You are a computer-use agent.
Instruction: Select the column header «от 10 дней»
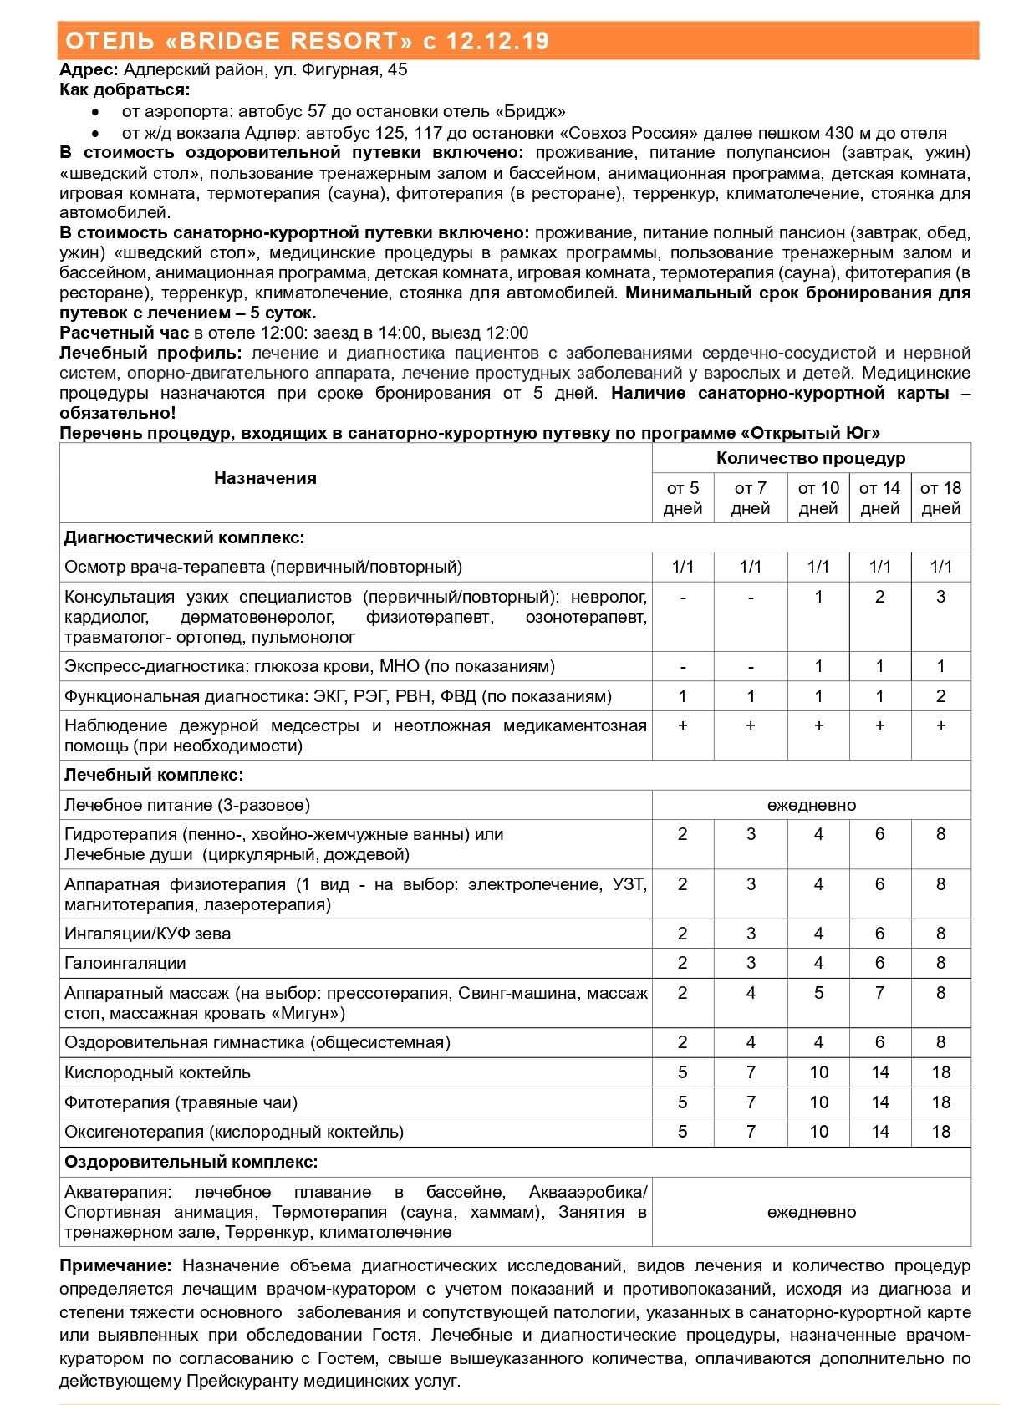coord(818,498)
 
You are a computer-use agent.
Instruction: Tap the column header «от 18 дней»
coord(940,498)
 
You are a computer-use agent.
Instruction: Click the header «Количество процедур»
coord(811,458)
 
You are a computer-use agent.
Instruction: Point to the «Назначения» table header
coord(265,478)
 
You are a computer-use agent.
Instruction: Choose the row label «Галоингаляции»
coord(125,963)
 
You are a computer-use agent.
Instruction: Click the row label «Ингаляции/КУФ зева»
coord(147,934)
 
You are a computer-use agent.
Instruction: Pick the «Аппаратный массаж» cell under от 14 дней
coord(879,993)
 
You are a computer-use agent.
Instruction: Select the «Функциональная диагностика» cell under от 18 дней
coord(940,696)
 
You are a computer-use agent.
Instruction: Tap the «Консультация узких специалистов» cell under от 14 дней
coord(879,597)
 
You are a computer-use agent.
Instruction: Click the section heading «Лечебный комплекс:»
coord(154,775)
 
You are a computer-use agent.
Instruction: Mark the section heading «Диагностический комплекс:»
coord(185,537)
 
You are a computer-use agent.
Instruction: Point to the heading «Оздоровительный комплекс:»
coord(191,1162)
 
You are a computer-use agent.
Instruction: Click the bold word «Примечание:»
coord(115,1265)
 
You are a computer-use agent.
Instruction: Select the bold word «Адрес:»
coord(89,69)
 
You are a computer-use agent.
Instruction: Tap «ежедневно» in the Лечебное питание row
coord(811,805)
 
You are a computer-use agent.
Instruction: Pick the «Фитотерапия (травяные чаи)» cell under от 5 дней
coord(683,1102)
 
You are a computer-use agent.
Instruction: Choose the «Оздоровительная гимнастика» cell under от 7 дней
coord(751,1042)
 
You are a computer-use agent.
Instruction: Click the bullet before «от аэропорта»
coord(97,112)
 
